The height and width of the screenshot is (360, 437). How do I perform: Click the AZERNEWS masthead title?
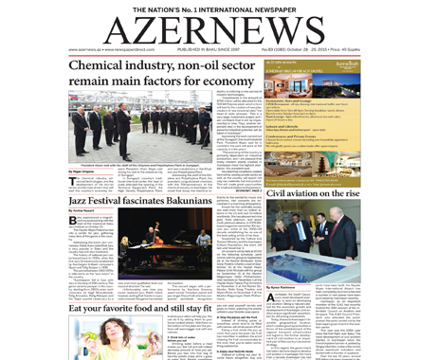click(x=219, y=27)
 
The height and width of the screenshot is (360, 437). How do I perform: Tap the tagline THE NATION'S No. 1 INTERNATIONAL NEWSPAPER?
click(x=218, y=8)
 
